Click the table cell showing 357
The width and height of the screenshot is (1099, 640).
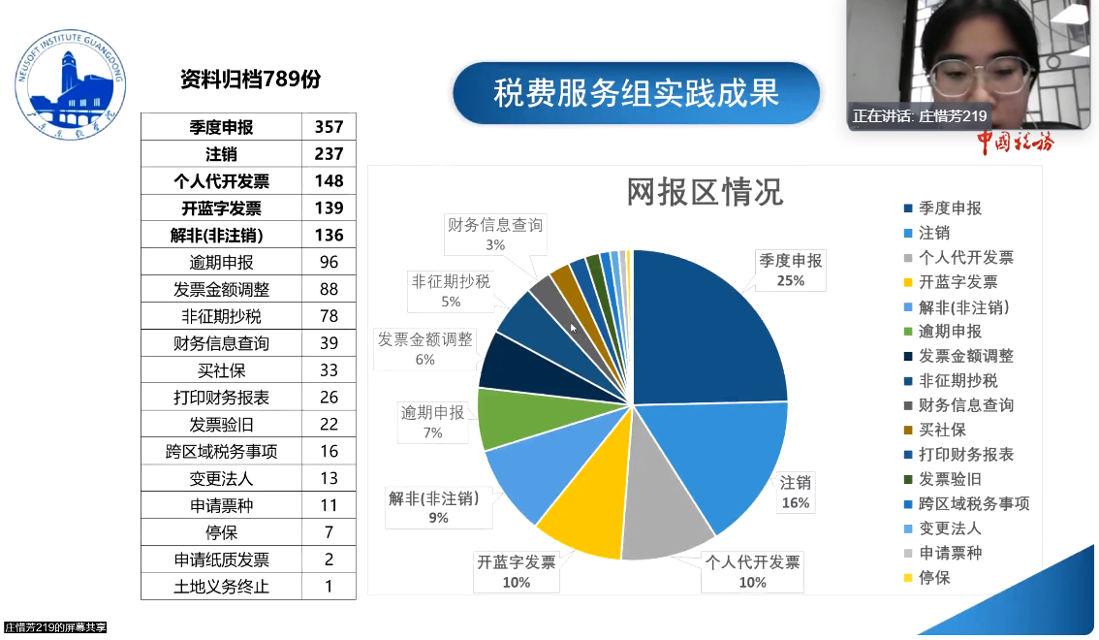pyautogui.click(x=329, y=127)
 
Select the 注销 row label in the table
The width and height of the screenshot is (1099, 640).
pyautogui.click(x=221, y=154)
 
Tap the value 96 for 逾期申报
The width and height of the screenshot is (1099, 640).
pyautogui.click(x=329, y=262)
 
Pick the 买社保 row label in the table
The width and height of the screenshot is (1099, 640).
pyautogui.click(x=221, y=370)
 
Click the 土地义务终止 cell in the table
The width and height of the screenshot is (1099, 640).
pyautogui.click(x=221, y=586)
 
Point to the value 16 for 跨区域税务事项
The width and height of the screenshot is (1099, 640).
pyautogui.click(x=329, y=451)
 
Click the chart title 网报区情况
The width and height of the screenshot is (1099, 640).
pyautogui.click(x=704, y=192)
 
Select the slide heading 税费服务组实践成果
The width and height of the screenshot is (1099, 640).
pyautogui.click(x=636, y=93)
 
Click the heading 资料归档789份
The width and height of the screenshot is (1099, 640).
pyautogui.click(x=250, y=80)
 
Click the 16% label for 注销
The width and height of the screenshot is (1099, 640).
pyautogui.click(x=796, y=503)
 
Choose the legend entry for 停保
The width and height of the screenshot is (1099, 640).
pyautogui.click(x=934, y=578)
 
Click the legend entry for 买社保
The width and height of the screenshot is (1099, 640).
pyautogui.click(x=942, y=430)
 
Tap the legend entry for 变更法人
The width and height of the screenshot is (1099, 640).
pyautogui.click(x=950, y=528)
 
